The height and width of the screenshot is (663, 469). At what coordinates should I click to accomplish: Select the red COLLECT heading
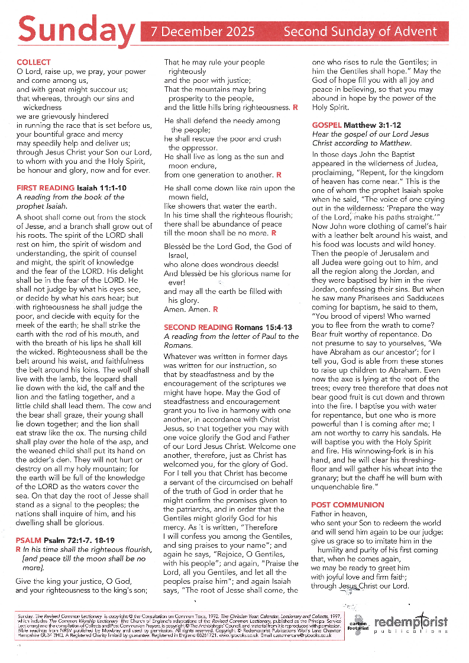(34, 62)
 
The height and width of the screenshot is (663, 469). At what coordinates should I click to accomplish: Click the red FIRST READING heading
(41, 187)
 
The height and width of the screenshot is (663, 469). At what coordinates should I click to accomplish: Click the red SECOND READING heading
(198, 327)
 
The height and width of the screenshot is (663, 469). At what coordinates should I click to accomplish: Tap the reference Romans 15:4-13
(264, 327)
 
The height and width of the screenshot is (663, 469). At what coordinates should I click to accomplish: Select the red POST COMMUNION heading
(348, 504)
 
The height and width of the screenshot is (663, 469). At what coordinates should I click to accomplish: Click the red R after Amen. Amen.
(215, 309)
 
